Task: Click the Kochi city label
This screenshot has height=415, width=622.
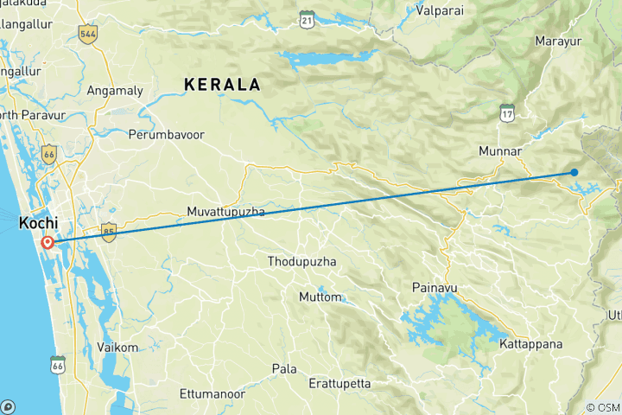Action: click(38, 223)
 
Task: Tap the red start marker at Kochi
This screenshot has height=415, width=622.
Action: click(48, 243)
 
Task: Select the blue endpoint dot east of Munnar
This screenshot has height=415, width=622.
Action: click(574, 173)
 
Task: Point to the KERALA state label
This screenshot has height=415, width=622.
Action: click(221, 85)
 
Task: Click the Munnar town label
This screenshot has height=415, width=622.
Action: click(500, 151)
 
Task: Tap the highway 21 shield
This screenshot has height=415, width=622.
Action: click(307, 18)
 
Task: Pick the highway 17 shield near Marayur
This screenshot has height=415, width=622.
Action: click(507, 112)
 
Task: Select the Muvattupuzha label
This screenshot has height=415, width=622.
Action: click(225, 212)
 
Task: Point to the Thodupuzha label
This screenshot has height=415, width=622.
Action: click(301, 261)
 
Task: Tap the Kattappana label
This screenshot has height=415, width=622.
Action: click(530, 344)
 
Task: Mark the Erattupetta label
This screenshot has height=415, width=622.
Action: click(341, 383)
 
